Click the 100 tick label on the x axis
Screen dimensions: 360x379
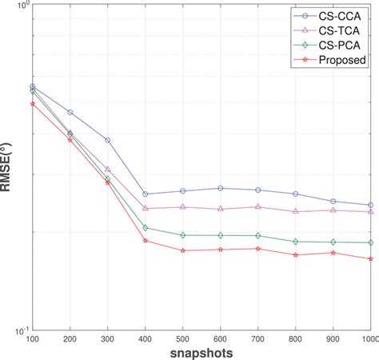coord(33,339)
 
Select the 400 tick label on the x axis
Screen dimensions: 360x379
coord(146,339)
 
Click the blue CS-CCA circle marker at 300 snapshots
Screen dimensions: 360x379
coord(108,140)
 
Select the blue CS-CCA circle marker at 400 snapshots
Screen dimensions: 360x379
coord(146,194)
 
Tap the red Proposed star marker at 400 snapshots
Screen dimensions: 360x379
coord(146,241)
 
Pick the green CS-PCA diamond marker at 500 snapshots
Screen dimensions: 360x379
coord(183,235)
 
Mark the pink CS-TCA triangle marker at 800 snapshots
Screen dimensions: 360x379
coord(296,212)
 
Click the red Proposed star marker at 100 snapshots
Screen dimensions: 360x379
coord(33,103)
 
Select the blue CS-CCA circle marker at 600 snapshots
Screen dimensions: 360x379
coord(221,188)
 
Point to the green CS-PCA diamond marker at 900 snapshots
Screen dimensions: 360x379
coord(333,242)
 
